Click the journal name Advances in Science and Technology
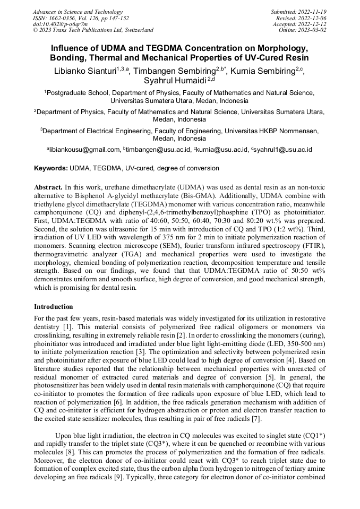point(78,12)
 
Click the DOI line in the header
point(60,24)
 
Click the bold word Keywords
point(50,168)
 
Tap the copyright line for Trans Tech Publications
point(93,30)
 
